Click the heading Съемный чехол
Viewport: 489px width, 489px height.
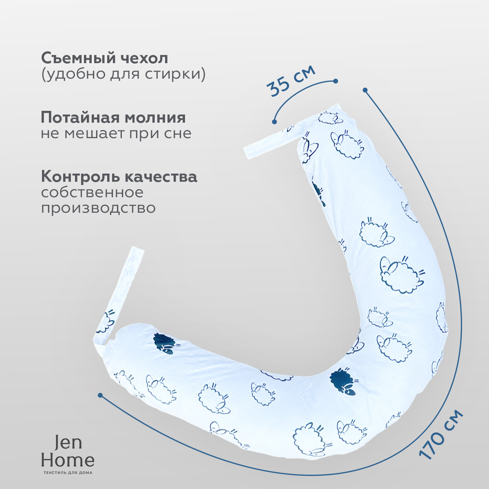pyautogui.click(x=104, y=58)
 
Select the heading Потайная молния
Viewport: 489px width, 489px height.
pyautogui.click(x=113, y=118)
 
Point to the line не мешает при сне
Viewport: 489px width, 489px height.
pyautogui.click(x=116, y=133)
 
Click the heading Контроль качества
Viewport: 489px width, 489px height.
pyautogui.click(x=119, y=177)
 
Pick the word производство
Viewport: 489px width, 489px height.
pyautogui.click(x=98, y=208)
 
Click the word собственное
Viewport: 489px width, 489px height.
pyautogui.click(x=92, y=192)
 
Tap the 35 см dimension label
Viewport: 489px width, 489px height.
pyautogui.click(x=291, y=81)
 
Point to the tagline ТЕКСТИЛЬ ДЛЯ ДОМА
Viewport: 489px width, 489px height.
pyautogui.click(x=68, y=473)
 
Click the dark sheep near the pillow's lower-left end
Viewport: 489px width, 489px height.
pyautogui.click(x=165, y=343)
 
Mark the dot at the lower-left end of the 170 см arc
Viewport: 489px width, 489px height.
pyautogui.click(x=100, y=395)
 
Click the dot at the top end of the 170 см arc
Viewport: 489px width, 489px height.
pyautogui.click(x=365, y=90)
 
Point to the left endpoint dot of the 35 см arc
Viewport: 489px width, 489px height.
pyautogui.click(x=274, y=121)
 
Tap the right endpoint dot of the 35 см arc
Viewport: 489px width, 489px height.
pyautogui.click(x=335, y=81)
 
